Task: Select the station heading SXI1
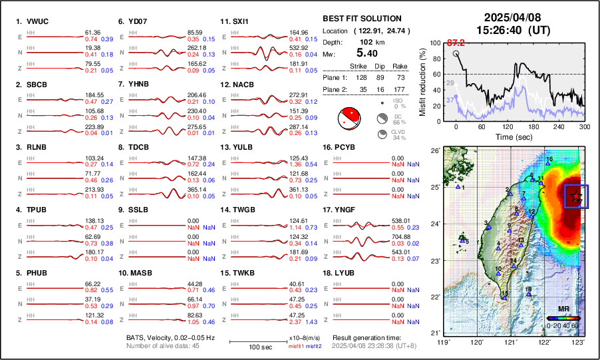(239, 21)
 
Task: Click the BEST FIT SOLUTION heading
(361, 19)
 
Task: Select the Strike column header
(359, 66)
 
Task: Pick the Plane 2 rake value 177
(400, 87)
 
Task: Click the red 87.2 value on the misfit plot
(456, 43)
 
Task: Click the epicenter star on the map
(577, 196)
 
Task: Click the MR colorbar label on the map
(562, 310)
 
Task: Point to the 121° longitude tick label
(511, 342)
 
